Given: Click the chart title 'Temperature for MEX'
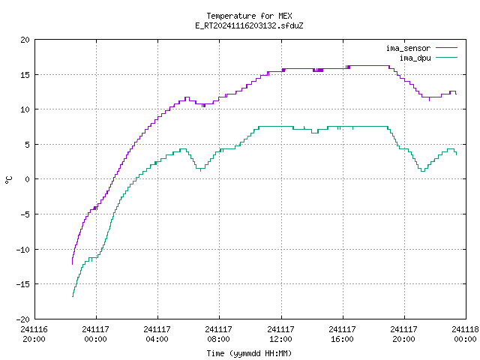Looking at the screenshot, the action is click(x=249, y=16).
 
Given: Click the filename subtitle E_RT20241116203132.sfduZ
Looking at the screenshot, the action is click(x=249, y=25).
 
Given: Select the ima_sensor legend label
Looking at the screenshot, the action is click(x=408, y=48).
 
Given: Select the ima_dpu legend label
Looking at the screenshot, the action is click(x=415, y=58).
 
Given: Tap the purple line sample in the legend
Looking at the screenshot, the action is click(x=446, y=48).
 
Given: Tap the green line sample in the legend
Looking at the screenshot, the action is click(x=446, y=57).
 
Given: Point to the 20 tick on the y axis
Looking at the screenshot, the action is click(x=25, y=40).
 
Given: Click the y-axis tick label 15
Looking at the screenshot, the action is click(x=25, y=75).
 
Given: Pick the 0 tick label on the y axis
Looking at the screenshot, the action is click(x=27, y=179).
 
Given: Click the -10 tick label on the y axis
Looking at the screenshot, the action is click(x=23, y=250).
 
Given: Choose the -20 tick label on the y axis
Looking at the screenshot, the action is click(x=23, y=319).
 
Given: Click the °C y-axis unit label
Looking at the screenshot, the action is click(x=8, y=180).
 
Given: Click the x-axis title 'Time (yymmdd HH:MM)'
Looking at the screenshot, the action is click(x=249, y=353).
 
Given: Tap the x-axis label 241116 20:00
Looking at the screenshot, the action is click(x=34, y=334).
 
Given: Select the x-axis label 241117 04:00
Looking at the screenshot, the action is click(x=157, y=334).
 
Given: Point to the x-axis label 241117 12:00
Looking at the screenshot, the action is click(x=280, y=334).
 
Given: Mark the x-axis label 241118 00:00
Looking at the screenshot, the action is click(x=465, y=334).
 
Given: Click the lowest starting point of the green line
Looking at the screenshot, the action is click(x=73, y=296).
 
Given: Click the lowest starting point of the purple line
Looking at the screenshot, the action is click(x=72, y=264).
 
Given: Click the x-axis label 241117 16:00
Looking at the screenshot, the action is click(x=342, y=334).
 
